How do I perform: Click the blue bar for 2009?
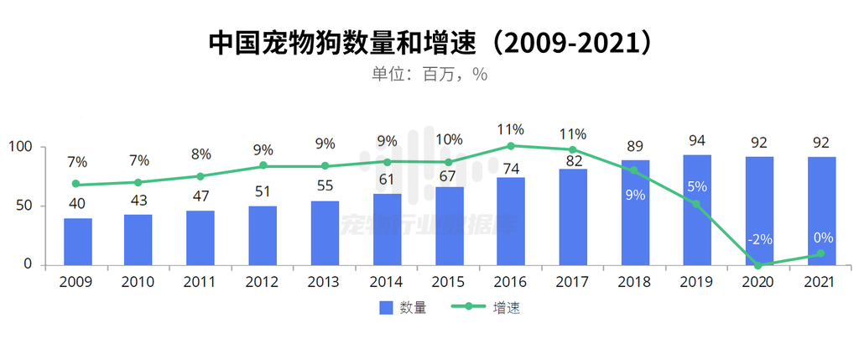[78, 242]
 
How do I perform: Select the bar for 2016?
[511, 222]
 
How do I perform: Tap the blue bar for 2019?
[697, 210]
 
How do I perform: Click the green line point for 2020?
[758, 265]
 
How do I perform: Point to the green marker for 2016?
[511, 146]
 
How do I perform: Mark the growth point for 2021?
[820, 253]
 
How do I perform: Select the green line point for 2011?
[200, 176]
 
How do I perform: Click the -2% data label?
[758, 239]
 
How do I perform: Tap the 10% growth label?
[449, 139]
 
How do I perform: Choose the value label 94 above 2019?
[697, 139]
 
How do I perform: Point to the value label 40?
[78, 203]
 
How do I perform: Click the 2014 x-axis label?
[386, 283]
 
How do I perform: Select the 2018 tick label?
[634, 283]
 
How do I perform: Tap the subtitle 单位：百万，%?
[429, 74]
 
